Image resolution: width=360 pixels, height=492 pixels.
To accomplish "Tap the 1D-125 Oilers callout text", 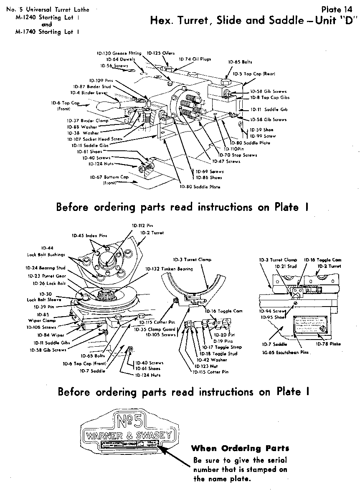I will coord(161,53).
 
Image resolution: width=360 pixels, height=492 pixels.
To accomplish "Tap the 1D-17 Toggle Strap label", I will coord(222,347).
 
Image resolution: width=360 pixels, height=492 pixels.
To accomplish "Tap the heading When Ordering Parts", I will coord(240,449).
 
